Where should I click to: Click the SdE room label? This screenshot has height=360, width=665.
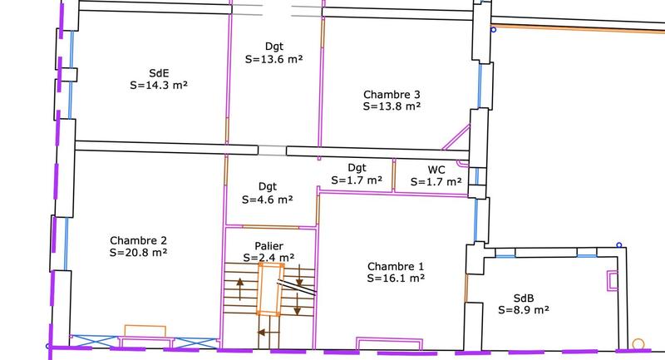coord(159,73)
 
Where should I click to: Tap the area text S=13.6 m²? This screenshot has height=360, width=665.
coord(274,59)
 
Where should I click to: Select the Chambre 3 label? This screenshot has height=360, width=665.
coord(392,94)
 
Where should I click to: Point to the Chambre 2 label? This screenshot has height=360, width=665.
coord(138,240)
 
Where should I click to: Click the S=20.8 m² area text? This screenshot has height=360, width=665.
coord(138,252)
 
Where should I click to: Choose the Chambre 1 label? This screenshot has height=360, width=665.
coord(396,266)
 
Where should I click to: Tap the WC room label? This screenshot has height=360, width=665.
coord(436,170)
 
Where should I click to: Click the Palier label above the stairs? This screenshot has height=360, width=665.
coord(268,246)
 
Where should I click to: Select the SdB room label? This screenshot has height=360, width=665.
coord(524,298)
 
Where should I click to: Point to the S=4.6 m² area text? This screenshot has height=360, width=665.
coord(267,200)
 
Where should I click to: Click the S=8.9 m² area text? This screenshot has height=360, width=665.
coord(524,310)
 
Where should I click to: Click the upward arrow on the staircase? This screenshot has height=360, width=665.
coord(240,289)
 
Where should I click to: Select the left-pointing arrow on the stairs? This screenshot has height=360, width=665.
coord(268,333)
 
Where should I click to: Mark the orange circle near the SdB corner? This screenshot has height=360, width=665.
coord(638,344)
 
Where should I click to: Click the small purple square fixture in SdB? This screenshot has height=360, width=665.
coord(612,281)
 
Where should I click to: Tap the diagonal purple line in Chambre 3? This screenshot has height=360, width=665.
coord(456,137)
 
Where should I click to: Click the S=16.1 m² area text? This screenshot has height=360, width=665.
coord(396,279)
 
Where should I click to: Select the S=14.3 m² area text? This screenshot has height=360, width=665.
coord(159,86)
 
